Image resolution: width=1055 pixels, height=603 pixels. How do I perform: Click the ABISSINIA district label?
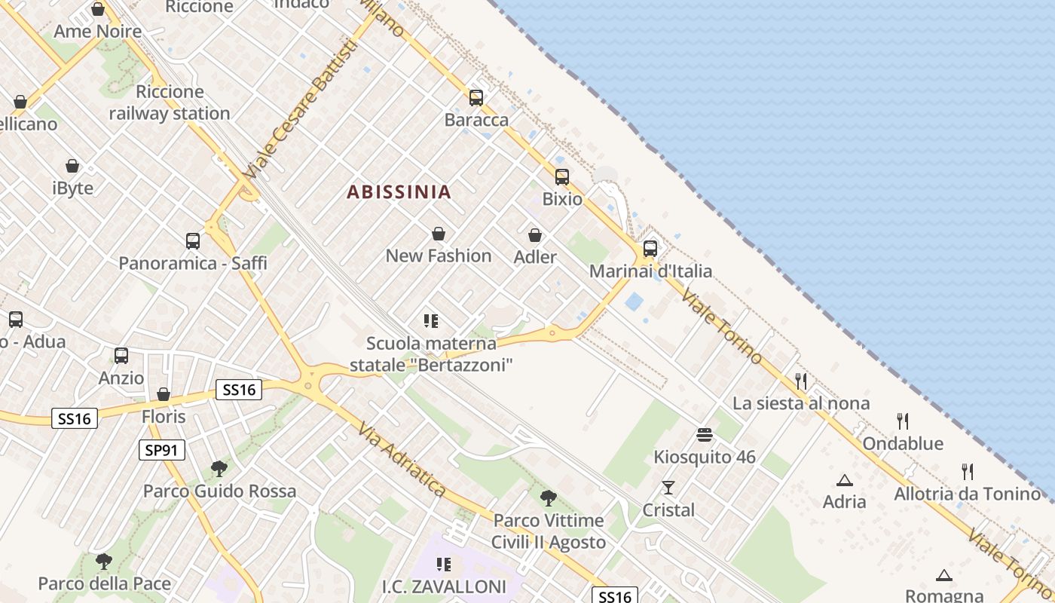pos(399,192)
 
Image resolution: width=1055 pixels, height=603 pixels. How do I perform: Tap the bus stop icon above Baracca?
pos(476,98)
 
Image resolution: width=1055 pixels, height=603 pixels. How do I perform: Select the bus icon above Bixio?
pos(562,177)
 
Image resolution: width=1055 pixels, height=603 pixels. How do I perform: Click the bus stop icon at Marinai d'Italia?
pos(650,249)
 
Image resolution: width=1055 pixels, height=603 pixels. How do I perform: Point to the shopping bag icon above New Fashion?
pos(439,234)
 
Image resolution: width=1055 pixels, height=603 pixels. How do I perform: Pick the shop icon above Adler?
pos(535,236)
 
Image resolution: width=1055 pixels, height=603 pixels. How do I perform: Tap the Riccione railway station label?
pos(170,103)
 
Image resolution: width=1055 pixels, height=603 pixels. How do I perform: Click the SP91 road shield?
pos(162,451)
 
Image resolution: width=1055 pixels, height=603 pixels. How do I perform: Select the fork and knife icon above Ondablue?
pos(903,421)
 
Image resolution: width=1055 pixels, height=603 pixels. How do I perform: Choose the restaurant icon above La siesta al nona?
pos(801,381)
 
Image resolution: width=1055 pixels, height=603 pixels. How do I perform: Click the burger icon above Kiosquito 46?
pos(705,435)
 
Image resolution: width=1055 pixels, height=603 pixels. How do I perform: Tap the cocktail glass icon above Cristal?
pos(668,488)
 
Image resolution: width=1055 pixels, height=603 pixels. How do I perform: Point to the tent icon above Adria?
pos(845,480)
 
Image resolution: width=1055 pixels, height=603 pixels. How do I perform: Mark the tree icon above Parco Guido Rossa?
pos(219,469)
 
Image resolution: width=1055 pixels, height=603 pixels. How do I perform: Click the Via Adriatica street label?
pos(402,459)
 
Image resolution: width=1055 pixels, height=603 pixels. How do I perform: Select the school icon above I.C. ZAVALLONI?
pos(444,564)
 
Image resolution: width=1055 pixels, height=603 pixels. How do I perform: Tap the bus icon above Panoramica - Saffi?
pos(193,241)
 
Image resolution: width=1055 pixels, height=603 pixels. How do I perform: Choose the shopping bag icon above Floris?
pos(164,394)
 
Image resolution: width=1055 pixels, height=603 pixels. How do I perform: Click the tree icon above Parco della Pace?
pos(104,562)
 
